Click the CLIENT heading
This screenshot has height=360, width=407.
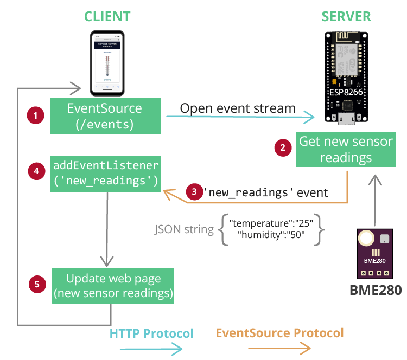(x=106, y=16)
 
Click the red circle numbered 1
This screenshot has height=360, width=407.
(x=36, y=115)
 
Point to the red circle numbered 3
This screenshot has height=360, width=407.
(x=194, y=192)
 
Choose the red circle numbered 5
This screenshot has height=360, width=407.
(x=36, y=284)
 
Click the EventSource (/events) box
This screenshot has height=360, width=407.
(x=105, y=116)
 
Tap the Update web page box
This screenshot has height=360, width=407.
(x=113, y=286)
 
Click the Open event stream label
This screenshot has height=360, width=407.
(x=238, y=108)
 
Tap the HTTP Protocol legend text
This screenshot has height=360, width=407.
(x=151, y=333)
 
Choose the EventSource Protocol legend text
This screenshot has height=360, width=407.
(x=279, y=332)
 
